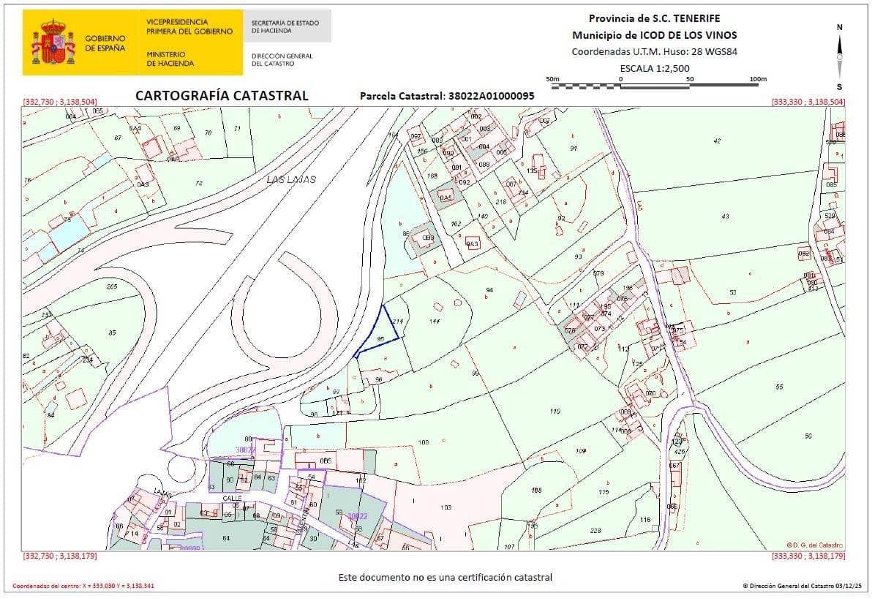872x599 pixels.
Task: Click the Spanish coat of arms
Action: [x=53, y=42]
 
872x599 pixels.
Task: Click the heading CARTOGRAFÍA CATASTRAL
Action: [x=222, y=96]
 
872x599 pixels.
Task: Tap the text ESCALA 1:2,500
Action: [x=655, y=68]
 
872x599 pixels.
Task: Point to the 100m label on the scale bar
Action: [x=758, y=79]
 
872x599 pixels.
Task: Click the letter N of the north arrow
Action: [x=839, y=27]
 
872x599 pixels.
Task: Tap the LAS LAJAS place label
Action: [x=291, y=179]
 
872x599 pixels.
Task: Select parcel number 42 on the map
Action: [x=716, y=141]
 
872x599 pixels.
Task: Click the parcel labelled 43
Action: [x=725, y=216]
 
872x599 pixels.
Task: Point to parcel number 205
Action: [x=112, y=286]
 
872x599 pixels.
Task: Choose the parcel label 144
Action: [x=435, y=321]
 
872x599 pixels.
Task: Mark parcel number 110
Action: [x=555, y=412]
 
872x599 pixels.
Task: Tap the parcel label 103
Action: [x=446, y=507]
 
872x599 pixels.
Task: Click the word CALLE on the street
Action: [x=233, y=498]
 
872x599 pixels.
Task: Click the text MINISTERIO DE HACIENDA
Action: [x=170, y=59]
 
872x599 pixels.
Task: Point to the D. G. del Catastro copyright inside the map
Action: [x=814, y=545]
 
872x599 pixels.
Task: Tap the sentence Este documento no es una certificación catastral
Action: [x=445, y=577]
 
